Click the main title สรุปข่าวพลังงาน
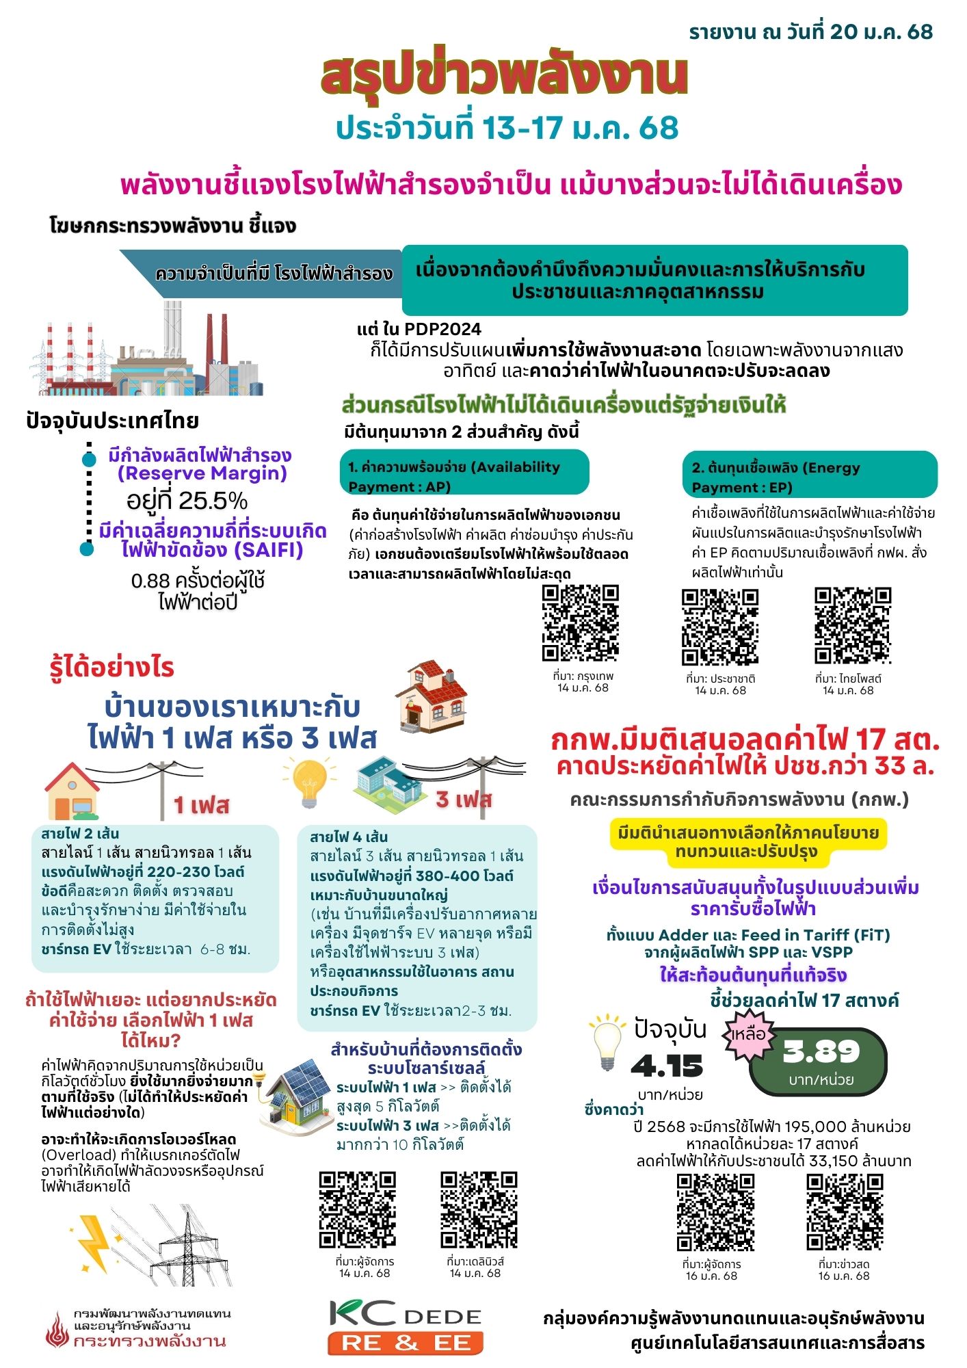coord(504,77)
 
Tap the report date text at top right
coord(810,31)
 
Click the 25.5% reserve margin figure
coord(187,501)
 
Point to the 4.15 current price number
coord(667,1066)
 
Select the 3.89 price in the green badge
coord(821,1052)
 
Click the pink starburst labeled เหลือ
coord(748,1034)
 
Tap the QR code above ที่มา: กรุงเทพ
coord(581,623)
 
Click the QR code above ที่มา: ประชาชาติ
coord(720,627)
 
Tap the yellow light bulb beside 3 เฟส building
coord(309,783)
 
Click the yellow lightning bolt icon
coord(94,1243)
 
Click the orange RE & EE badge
coord(406,1343)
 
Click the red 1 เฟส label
coord(201,805)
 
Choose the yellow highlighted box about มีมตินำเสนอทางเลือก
coord(747,843)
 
